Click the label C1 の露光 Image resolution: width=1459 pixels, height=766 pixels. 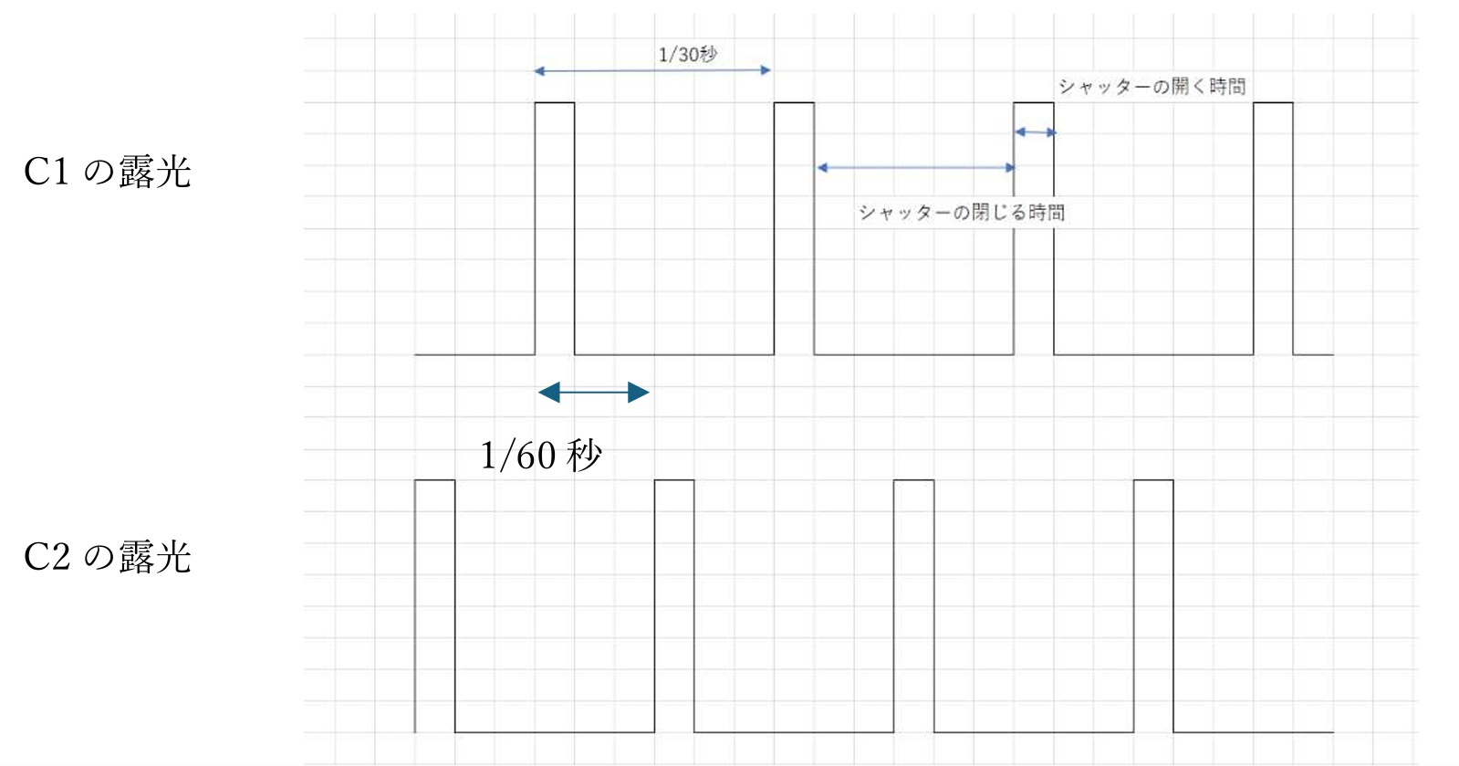[x=108, y=172]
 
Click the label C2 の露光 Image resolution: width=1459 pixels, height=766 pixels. [x=108, y=557]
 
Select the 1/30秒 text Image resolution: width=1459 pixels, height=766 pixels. [x=688, y=55]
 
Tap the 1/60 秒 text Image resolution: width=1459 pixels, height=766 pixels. [x=541, y=455]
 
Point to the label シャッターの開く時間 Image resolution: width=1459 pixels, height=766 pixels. [x=1152, y=87]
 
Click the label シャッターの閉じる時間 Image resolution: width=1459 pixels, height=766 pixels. [x=961, y=213]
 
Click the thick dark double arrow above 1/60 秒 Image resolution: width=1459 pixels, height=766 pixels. [x=593, y=393]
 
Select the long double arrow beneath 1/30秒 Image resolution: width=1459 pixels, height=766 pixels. [x=652, y=70]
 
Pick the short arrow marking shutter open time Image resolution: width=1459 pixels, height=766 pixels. [x=1036, y=132]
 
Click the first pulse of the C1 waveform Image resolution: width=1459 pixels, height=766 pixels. [x=555, y=228]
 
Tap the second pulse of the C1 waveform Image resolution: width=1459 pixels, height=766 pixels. [x=794, y=228]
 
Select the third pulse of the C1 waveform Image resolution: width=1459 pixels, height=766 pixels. [x=1034, y=228]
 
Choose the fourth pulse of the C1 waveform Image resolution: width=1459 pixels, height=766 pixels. [x=1273, y=228]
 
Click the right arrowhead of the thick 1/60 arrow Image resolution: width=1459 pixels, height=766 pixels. [x=640, y=393]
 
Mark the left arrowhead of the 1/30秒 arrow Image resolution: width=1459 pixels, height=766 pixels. [x=539, y=70]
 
